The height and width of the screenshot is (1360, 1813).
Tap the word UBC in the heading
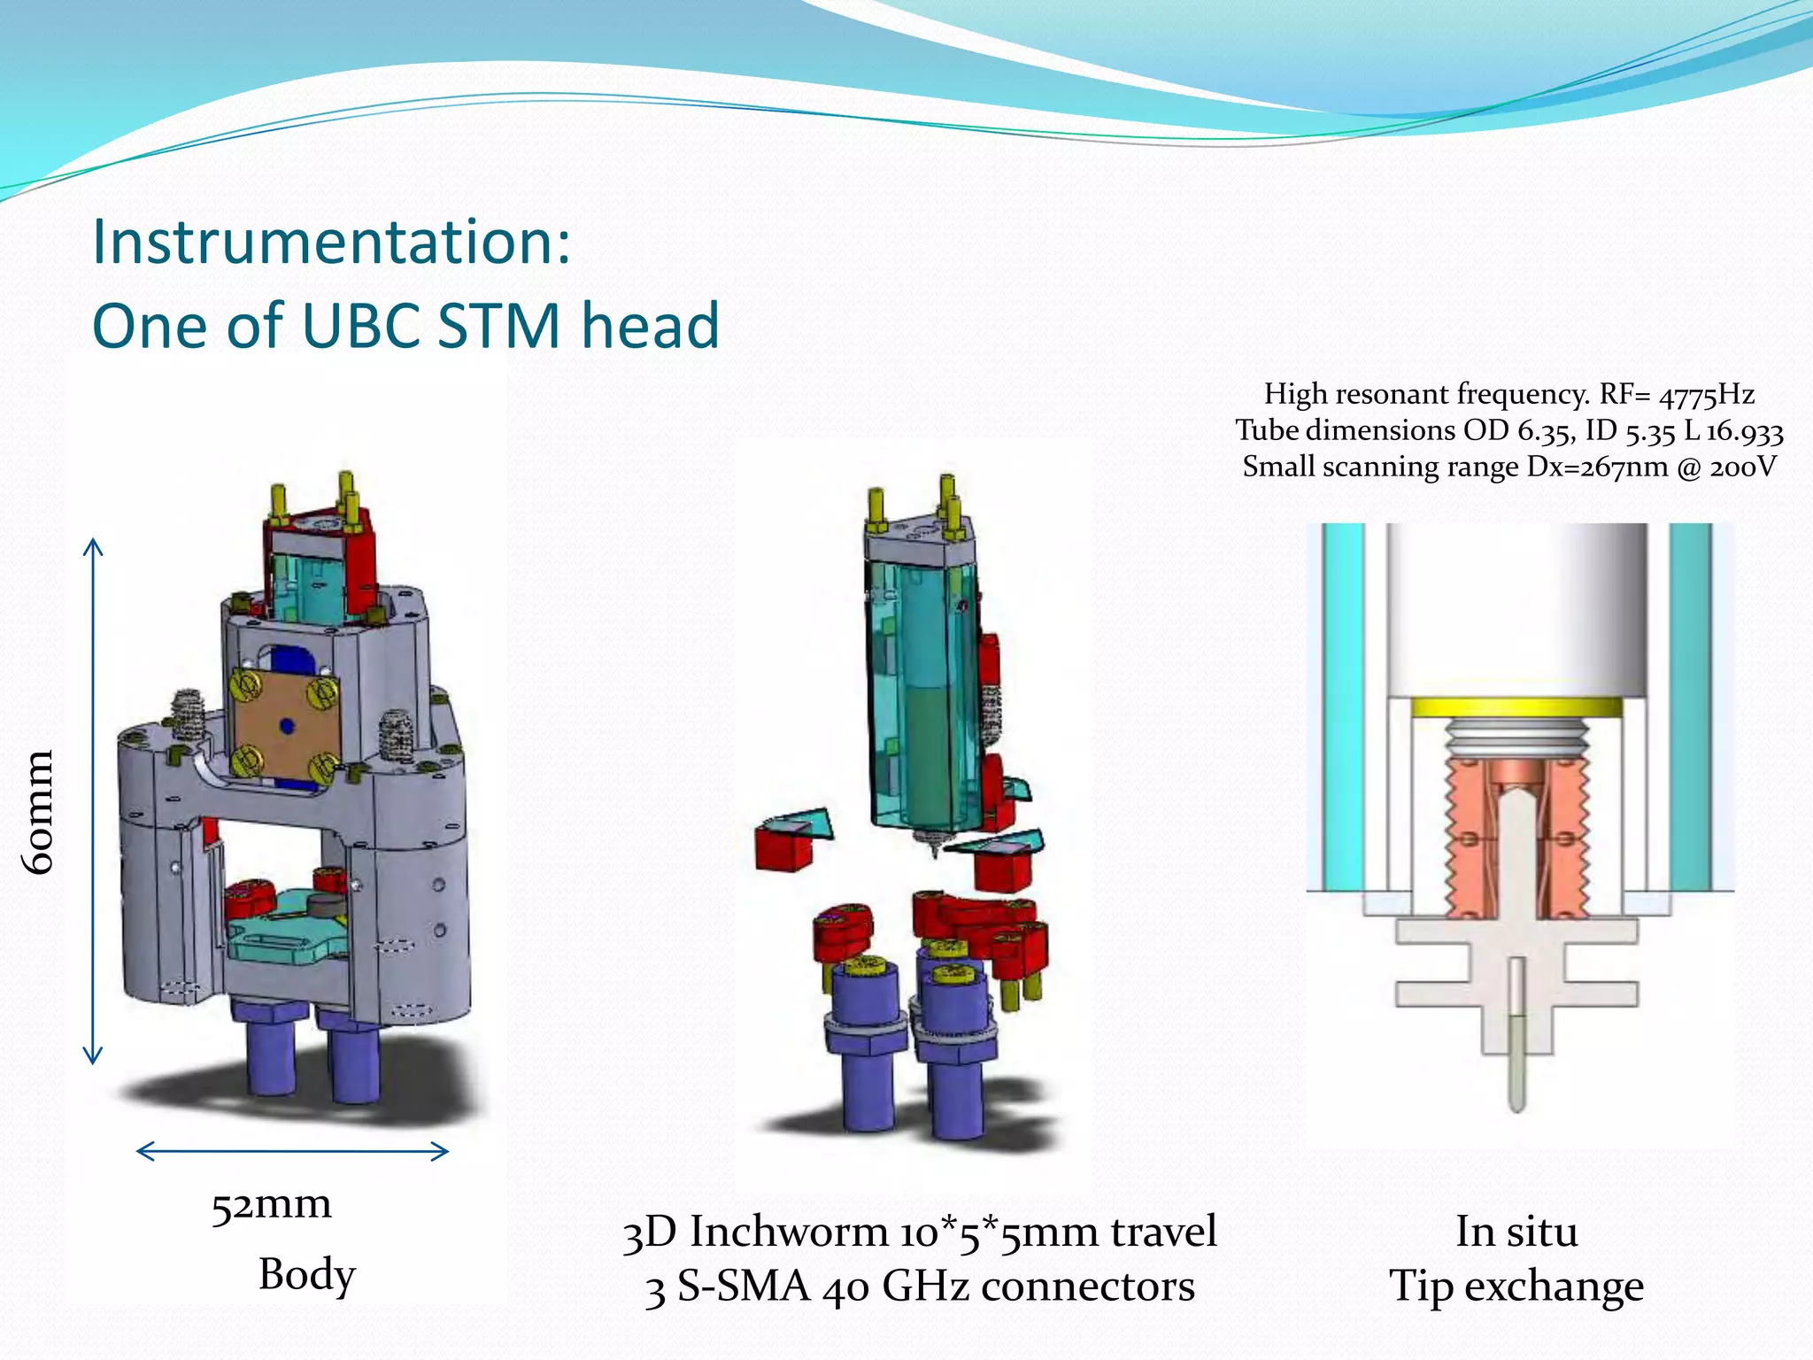pos(359,326)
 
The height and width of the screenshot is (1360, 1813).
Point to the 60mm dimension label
pos(40,811)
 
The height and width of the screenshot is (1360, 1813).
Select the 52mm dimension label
pos(271,1205)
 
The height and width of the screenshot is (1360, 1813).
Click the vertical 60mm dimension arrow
pos(93,800)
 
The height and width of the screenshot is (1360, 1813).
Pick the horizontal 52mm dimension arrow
pos(292,1151)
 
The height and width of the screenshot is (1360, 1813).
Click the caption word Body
pos(306,1275)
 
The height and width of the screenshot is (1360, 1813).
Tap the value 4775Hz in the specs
pos(1706,395)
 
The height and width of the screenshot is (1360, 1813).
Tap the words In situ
pos(1516,1232)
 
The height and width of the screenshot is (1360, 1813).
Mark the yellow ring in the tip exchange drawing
pos(1516,707)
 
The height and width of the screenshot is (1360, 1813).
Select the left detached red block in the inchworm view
pos(783,848)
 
